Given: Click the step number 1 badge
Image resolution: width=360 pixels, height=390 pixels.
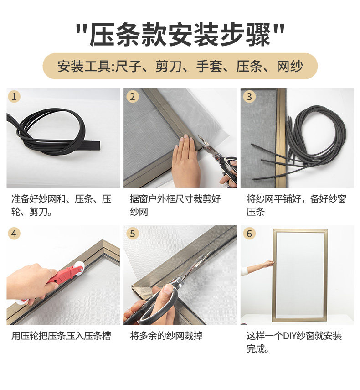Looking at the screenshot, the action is coord(14,97).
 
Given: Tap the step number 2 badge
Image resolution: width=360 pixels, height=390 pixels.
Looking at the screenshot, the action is coord(133,97).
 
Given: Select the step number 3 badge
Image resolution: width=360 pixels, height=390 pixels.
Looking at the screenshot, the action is coord(249,97).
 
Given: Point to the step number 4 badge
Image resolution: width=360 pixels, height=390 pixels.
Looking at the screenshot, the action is coord(14,234).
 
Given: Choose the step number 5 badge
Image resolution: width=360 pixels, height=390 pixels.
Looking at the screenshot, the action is coord(133,234).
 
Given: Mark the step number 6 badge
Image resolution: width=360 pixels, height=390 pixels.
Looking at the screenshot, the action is coord(249,234).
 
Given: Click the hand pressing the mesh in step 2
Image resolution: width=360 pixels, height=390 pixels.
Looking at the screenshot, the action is coord(186,161).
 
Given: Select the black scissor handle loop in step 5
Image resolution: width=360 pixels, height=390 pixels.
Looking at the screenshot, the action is coord(159,306).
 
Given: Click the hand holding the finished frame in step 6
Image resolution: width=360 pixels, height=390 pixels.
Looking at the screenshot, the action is coord(268,264).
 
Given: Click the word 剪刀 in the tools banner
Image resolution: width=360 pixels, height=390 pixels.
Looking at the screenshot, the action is coord(169,67).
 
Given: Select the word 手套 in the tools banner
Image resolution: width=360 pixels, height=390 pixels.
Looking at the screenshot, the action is coord(210,67).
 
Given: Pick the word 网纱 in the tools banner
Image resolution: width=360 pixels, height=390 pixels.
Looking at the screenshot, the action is coord(290,67).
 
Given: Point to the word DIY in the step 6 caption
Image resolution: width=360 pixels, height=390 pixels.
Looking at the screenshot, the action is coord(289,336).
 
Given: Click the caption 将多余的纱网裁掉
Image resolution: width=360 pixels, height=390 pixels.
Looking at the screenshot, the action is coord(166,336).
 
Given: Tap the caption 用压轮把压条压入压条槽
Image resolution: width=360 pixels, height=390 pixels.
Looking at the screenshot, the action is coord(61,336).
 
